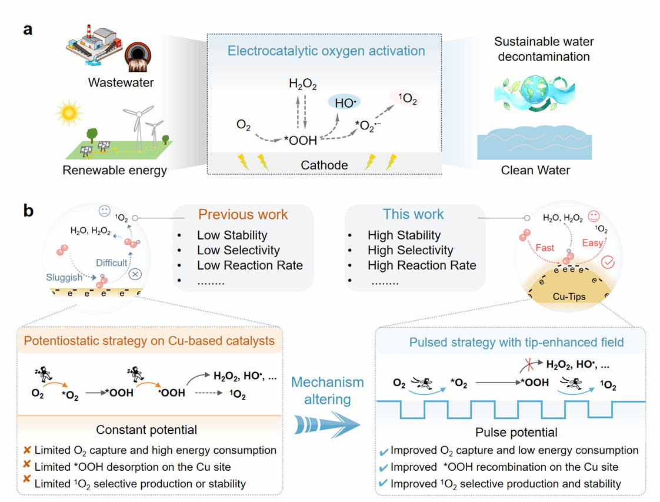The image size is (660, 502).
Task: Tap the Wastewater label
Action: pyautogui.click(x=121, y=82)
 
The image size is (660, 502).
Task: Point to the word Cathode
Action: pyautogui.click(x=324, y=165)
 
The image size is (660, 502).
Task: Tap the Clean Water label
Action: pyautogui.click(x=535, y=171)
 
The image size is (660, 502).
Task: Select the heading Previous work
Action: pyautogui.click(x=243, y=214)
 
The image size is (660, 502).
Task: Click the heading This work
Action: pyautogui.click(x=414, y=214)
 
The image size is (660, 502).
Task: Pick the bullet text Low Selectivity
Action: pyautogui.click(x=238, y=250)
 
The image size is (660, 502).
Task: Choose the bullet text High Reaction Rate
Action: pyautogui.click(x=422, y=265)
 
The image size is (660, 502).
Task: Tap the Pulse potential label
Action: pyautogui.click(x=516, y=433)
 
